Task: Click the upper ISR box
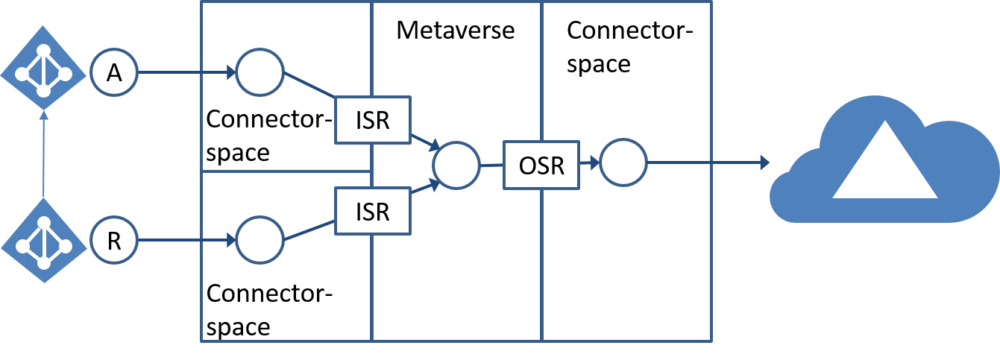tap(373, 119)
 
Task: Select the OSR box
tap(541, 165)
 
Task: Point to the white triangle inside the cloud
tap(884, 168)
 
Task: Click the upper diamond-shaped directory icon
tap(44, 73)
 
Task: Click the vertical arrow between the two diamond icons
tap(44, 157)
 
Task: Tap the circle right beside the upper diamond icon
tap(114, 73)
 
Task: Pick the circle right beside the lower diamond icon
tap(114, 240)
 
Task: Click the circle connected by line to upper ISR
tap(260, 73)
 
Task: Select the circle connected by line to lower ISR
tap(260, 240)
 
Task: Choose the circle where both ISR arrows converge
tap(456, 165)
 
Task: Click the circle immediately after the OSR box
tap(623, 162)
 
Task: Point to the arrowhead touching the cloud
tap(764, 162)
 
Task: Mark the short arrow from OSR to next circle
tap(590, 162)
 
